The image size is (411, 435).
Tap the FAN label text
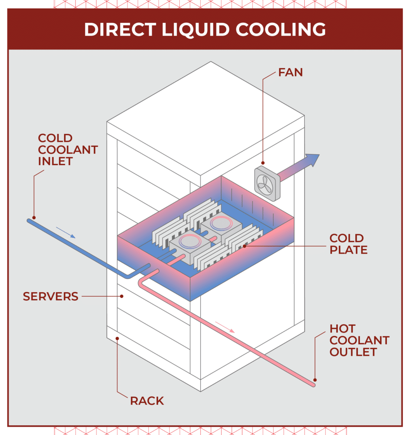point(290,72)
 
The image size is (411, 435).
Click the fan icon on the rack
point(267,183)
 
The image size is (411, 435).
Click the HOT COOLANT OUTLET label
point(359,340)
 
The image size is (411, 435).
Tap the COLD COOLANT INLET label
point(68,150)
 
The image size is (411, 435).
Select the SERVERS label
point(51,297)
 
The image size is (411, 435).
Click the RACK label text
point(147,401)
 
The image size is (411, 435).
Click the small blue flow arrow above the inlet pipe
point(66,232)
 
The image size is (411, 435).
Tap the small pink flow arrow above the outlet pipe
point(225,327)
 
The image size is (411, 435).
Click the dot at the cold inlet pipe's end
point(34,217)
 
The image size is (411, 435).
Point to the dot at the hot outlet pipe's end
point(315,380)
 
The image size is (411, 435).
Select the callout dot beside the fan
point(263,163)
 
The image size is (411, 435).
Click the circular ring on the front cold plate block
point(190,241)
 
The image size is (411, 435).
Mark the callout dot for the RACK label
point(118,338)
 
